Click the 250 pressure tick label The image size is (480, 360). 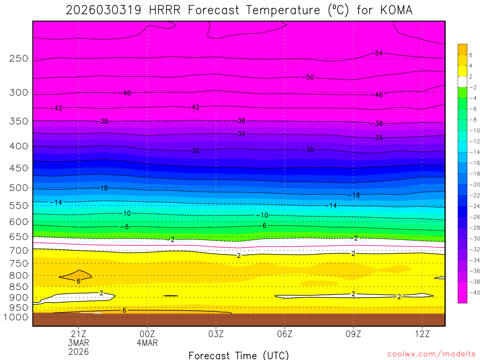19,59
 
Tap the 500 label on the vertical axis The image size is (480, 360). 19,188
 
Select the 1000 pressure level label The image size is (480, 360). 16,317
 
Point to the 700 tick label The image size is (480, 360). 19,251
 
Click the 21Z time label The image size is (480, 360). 78,334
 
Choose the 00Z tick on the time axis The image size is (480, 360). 147,334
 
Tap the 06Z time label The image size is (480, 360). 285,334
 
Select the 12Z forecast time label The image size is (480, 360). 422,334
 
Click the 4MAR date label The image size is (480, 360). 147,343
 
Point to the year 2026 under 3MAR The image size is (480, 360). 78,351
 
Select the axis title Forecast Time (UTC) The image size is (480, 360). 239,355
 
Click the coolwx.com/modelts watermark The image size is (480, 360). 431,354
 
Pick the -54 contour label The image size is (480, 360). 376,53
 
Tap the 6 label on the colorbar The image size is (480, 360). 469,55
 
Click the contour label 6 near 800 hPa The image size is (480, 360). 78,281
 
